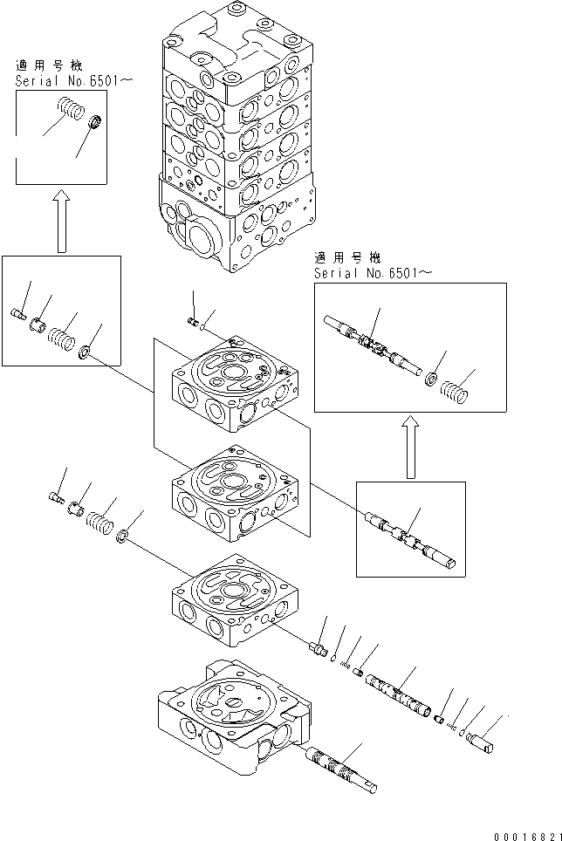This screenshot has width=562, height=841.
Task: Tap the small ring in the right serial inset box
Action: [430, 379]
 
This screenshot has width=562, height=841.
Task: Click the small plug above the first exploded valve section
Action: [194, 322]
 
